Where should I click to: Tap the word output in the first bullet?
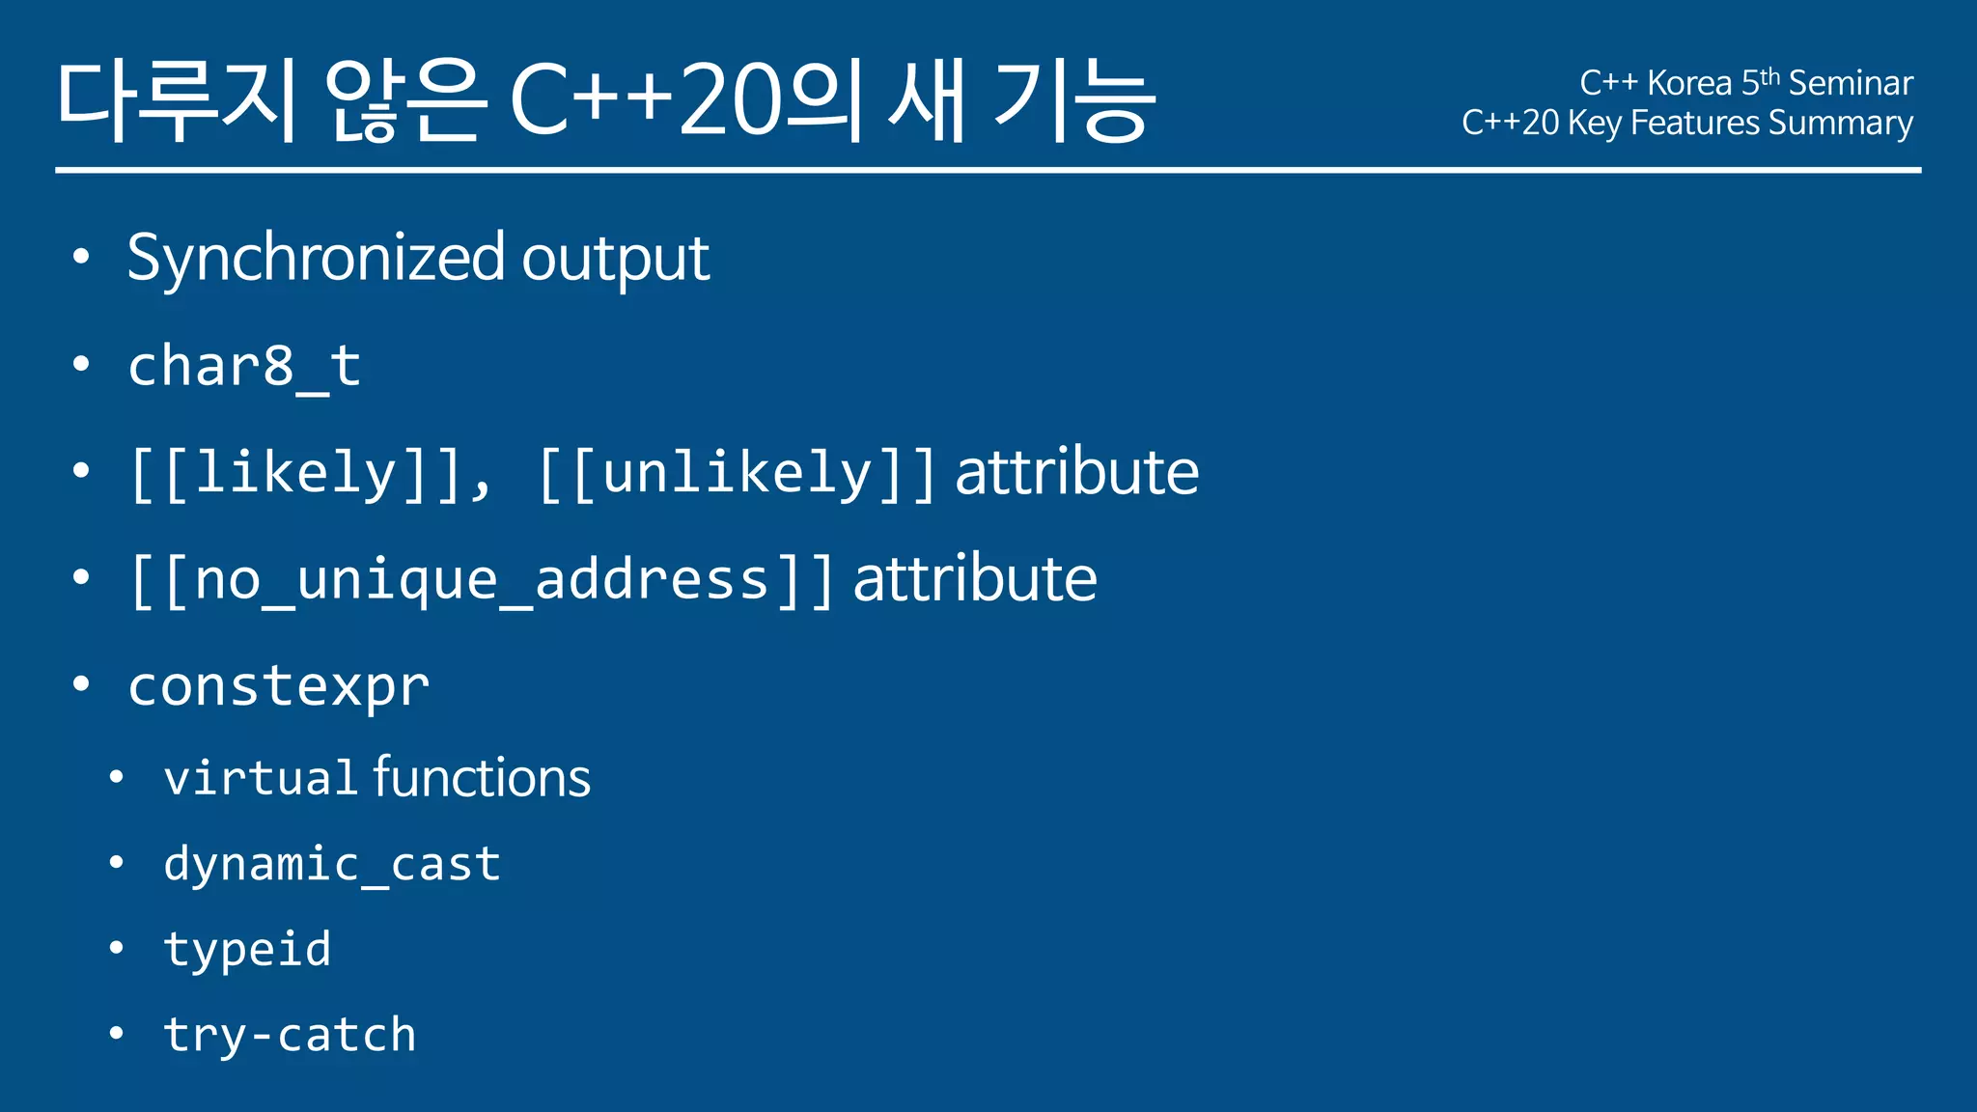click(x=616, y=259)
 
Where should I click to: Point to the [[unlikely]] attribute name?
click(x=737, y=473)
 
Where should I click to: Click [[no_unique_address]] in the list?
click(x=481, y=580)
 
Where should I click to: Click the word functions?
click(x=482, y=778)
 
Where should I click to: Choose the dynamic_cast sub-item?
click(x=332, y=864)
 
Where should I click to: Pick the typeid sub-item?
click(x=247, y=950)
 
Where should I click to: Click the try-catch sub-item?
click(x=290, y=1035)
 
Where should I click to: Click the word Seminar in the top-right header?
click(x=1851, y=84)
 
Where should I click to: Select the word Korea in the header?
click(x=1689, y=84)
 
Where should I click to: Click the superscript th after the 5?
click(x=1770, y=76)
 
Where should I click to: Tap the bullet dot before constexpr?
click(x=81, y=684)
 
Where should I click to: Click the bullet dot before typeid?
click(x=116, y=948)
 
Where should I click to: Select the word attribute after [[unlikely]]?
click(x=1076, y=473)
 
